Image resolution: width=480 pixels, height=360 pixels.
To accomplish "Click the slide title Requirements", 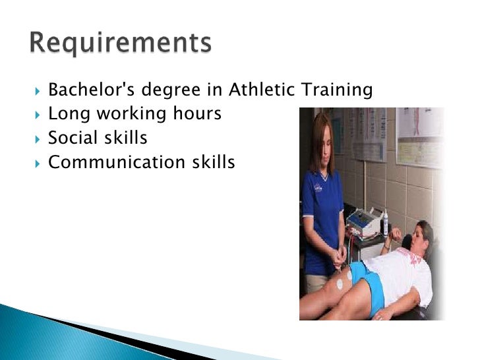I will coord(120,43).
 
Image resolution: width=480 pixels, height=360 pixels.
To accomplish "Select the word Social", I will coord(75,138).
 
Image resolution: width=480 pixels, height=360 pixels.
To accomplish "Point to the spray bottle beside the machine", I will coord(384,224).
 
